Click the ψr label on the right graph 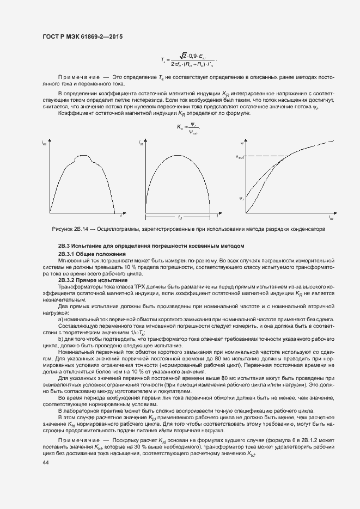pyautogui.click(x=241, y=199)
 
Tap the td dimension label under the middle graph pyautogui.click(x=179, y=217)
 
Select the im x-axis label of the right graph pyautogui.click(x=331, y=217)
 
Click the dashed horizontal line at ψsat pyautogui.click(x=267, y=157)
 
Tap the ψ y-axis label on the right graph pyautogui.click(x=241, y=143)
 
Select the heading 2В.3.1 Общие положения pyautogui.click(x=92, y=254)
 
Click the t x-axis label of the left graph pyautogui.click(x=121, y=217)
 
